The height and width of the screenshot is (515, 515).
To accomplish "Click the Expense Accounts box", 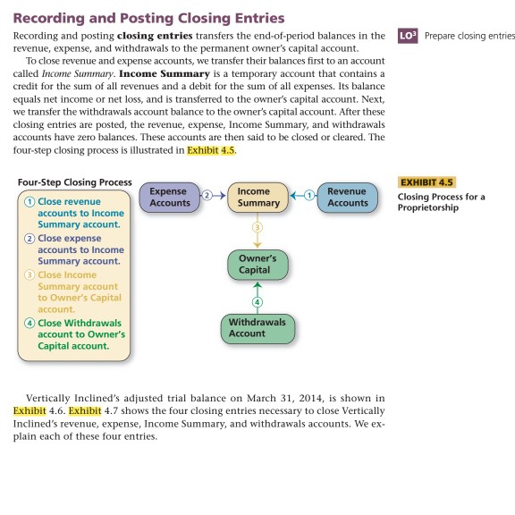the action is [170, 197].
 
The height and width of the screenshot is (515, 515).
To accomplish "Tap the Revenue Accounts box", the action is [347, 197].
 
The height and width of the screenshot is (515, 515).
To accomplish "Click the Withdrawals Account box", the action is [257, 327].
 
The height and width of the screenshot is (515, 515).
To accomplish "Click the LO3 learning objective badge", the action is [406, 36].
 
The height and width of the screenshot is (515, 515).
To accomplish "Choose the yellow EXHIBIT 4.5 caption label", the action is [427, 183].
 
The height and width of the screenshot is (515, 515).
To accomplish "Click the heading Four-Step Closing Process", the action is [74, 182].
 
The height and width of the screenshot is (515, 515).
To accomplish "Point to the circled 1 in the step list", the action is [31, 202].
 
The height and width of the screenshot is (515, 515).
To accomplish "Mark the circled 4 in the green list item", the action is [31, 323].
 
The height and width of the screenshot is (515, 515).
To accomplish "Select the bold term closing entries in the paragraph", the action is [156, 35].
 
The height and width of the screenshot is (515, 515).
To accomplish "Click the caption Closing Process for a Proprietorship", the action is [442, 202].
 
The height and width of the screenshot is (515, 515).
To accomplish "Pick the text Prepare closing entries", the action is [470, 36].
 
